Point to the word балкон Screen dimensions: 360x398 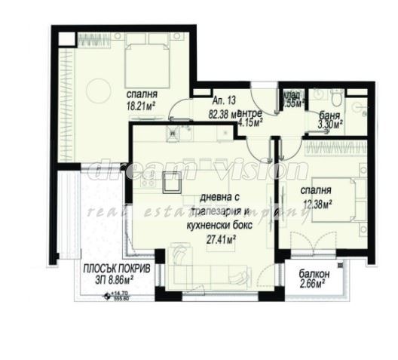(309, 273)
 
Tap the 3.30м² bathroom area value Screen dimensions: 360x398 (329, 129)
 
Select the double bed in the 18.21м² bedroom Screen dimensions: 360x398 (143, 60)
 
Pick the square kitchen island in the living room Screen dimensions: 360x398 (171, 182)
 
